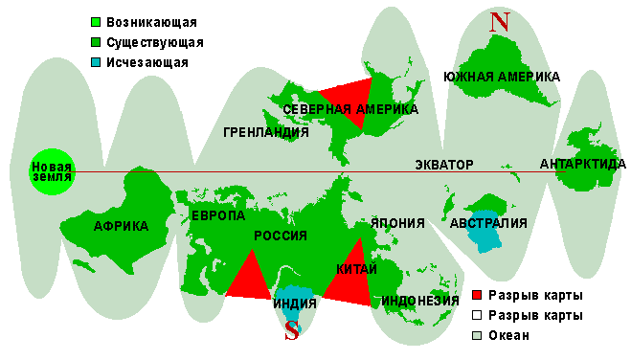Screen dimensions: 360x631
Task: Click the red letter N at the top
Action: click(498, 21)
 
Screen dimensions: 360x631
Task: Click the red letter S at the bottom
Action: click(293, 331)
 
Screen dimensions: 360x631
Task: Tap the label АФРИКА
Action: click(121, 226)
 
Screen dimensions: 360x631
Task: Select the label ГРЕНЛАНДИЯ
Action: click(265, 132)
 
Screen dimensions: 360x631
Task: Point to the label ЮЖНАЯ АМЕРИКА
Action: click(502, 77)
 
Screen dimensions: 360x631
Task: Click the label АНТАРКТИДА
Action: click(583, 164)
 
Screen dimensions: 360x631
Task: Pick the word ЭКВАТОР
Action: click(444, 165)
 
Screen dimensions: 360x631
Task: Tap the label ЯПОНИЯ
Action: click(397, 223)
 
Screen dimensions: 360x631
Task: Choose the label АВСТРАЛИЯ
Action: click(488, 224)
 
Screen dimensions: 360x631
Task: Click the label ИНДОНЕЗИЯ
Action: click(420, 301)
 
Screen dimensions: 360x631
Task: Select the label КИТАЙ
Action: click(356, 270)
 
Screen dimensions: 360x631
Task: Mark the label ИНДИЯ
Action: click(293, 305)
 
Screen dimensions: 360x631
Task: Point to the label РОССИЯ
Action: click(280, 236)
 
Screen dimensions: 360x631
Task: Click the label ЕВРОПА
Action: click(218, 216)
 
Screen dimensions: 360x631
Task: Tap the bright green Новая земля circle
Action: click(51, 172)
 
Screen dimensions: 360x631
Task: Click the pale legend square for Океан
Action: click(477, 336)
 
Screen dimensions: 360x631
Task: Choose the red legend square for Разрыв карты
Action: click(477, 295)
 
